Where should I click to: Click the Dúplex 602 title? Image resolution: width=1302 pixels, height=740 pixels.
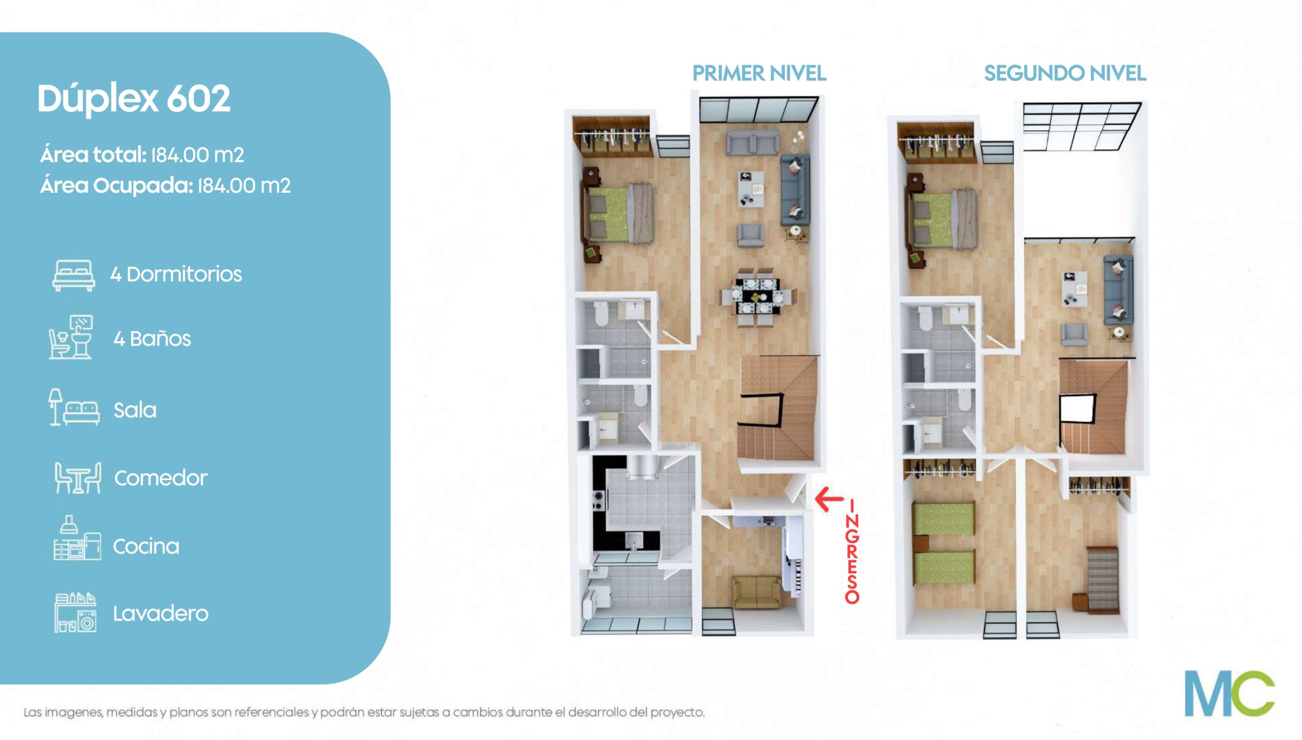coord(134,99)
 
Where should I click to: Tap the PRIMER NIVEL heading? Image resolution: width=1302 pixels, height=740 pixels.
coord(759,74)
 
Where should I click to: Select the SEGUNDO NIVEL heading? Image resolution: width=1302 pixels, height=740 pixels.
coord(1065,74)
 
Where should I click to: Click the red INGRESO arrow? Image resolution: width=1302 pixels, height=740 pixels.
coord(829,499)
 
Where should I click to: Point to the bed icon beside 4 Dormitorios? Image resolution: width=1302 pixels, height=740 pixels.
coord(74,276)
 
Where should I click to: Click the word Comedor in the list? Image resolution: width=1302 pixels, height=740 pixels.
coord(161,478)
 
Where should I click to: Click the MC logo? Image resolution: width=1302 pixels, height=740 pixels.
coord(1230,693)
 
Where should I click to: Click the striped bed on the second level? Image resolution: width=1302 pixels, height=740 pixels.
coord(1103,579)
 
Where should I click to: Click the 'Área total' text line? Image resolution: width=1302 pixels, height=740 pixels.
coord(142,155)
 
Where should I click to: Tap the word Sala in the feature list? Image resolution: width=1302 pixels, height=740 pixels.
coord(135,410)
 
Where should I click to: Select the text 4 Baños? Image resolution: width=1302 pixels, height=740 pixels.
coord(152,339)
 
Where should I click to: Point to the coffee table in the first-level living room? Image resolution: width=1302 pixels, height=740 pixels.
coord(751,189)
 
